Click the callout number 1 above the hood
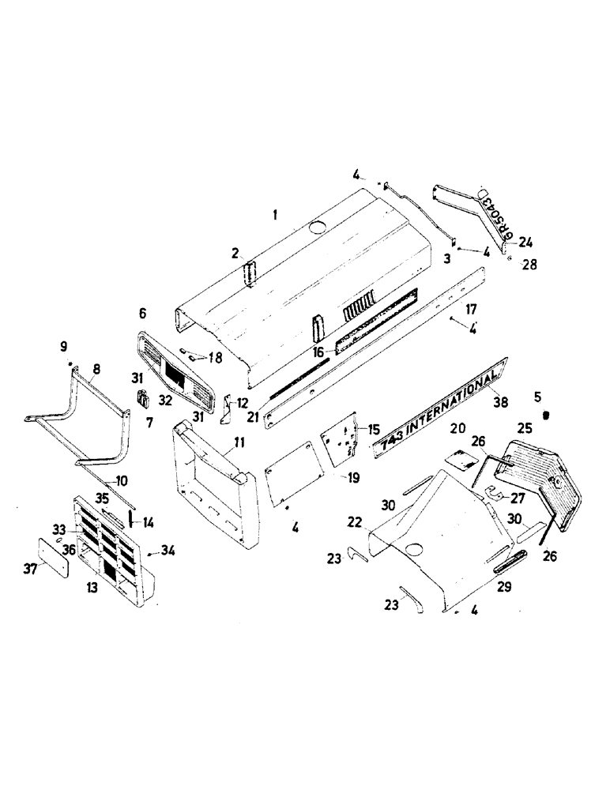pyautogui.click(x=274, y=215)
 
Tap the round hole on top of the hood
pyautogui.click(x=319, y=228)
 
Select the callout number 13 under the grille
pyautogui.click(x=94, y=589)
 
